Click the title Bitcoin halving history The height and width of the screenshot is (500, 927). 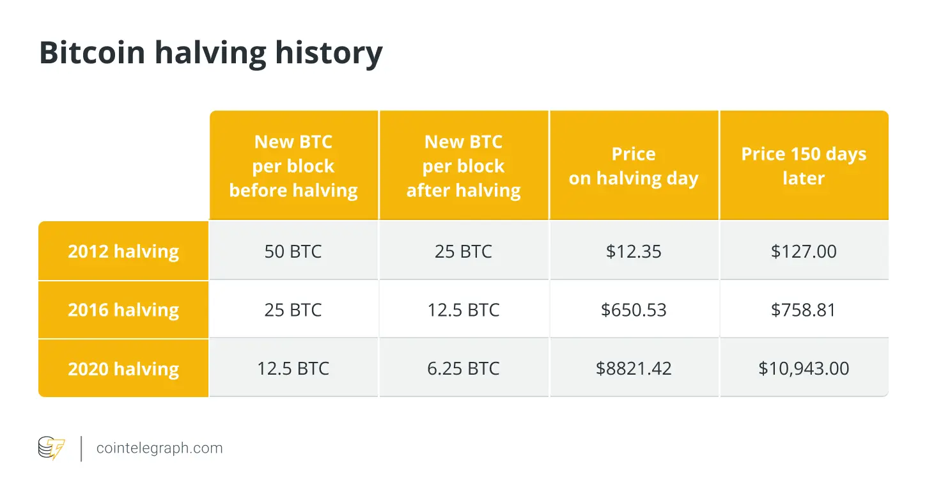point(210,54)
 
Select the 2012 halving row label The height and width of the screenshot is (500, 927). point(123,251)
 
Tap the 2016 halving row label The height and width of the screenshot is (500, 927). point(123,310)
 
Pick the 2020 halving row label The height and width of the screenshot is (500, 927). point(123,369)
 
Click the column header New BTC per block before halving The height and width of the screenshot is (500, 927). point(293,166)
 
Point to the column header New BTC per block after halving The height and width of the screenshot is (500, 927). point(463,166)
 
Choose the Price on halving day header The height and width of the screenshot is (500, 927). point(634,166)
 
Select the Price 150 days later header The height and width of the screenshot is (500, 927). point(804,166)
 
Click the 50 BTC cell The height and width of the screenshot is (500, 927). point(293,251)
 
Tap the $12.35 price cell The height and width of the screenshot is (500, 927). point(634,251)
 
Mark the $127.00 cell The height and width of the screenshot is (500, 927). point(804,251)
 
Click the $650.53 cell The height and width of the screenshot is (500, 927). point(634,310)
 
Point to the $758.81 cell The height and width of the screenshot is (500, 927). point(804,310)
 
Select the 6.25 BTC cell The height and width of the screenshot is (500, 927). point(463,369)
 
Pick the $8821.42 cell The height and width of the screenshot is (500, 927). point(634,369)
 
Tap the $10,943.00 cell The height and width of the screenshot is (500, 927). point(804,369)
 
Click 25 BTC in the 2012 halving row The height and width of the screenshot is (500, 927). point(463,251)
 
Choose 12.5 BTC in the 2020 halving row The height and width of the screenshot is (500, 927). point(293,369)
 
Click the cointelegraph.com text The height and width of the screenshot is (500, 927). point(160,448)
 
